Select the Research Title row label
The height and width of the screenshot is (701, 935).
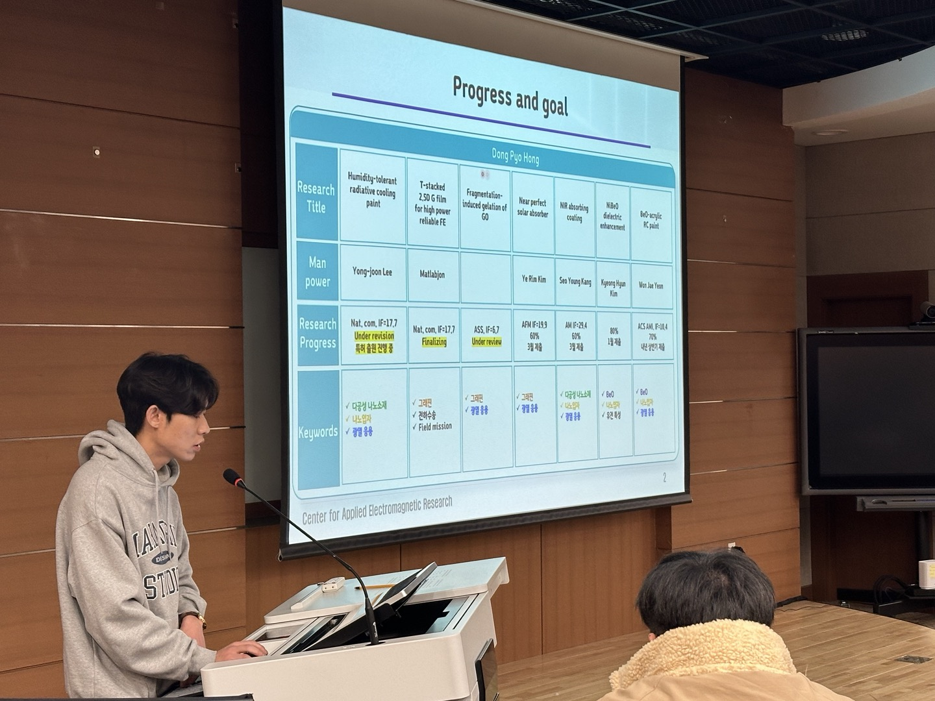(316, 198)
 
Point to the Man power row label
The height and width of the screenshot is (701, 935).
(318, 272)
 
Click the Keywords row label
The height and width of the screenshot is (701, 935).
(318, 432)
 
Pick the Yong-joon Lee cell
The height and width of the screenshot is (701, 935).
(372, 272)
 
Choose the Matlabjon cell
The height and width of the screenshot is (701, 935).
(432, 275)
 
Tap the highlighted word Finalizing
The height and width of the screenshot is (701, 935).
(434, 341)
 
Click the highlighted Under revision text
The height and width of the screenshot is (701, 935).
(374, 336)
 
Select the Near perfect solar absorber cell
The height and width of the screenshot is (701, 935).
(533, 208)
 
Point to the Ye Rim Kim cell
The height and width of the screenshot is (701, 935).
(534, 280)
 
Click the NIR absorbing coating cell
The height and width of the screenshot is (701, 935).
(575, 212)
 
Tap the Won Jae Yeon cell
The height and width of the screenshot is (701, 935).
(651, 285)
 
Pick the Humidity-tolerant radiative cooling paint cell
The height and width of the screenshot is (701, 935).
(373, 191)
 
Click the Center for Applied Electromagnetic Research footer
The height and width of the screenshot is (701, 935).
(377, 510)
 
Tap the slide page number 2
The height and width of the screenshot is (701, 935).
(664, 478)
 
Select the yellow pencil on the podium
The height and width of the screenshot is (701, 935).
(368, 586)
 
